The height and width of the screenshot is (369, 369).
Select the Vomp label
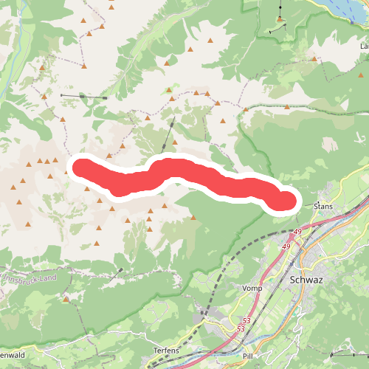tap(252, 288)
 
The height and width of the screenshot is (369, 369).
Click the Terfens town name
tap(167, 349)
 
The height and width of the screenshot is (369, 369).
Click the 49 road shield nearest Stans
tap(297, 233)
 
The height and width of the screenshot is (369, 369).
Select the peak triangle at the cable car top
tap(280, 18)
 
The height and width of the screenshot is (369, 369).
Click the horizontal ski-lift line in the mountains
tap(83, 96)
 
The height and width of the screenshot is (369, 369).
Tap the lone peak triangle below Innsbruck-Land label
tap(66, 300)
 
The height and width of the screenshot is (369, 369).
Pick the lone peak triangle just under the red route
tap(193, 218)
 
